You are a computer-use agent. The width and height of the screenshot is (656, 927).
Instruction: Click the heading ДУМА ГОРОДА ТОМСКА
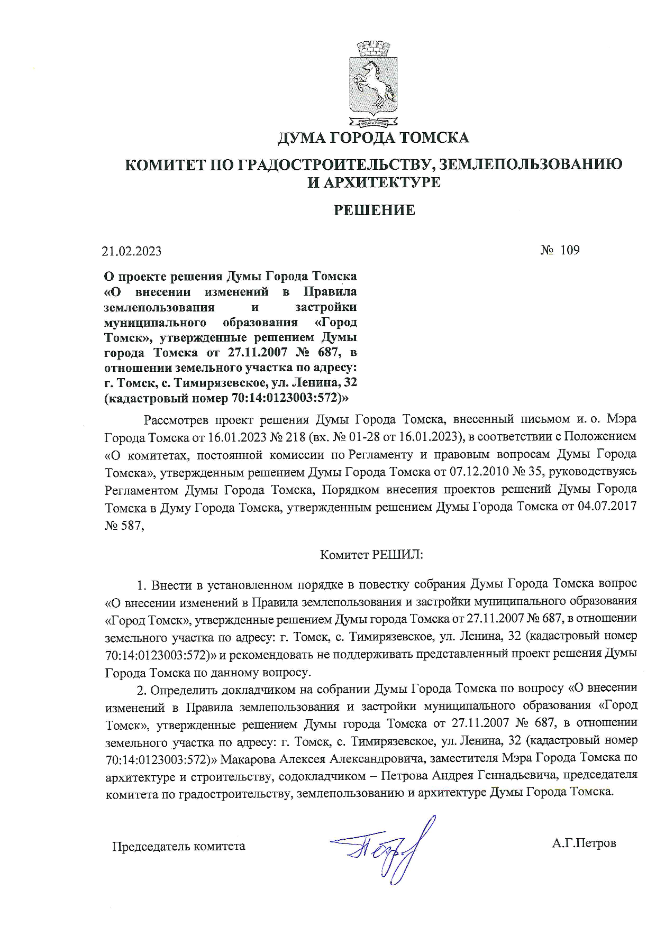[373, 138]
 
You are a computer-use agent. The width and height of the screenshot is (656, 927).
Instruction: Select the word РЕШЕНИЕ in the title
[373, 210]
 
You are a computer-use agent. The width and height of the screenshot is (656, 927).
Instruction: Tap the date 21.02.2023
[132, 251]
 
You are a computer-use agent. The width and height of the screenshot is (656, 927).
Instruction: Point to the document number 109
[569, 250]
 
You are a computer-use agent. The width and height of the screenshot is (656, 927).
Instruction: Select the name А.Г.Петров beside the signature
[584, 843]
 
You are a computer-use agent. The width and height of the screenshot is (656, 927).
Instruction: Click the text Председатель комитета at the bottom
[178, 846]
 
